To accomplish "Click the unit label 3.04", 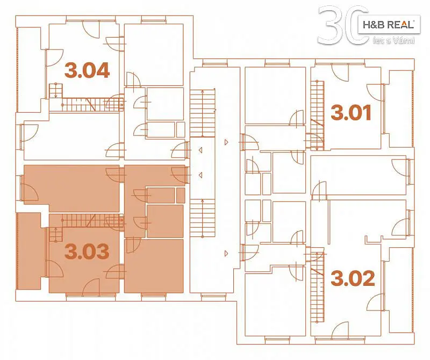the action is point(87,70).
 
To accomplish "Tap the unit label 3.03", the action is point(87,251).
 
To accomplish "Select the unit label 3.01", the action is point(352,112).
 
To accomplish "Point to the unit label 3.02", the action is point(353,278).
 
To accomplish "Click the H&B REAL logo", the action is point(389,25).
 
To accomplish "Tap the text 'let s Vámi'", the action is point(394,41).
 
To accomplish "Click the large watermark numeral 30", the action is point(343,25).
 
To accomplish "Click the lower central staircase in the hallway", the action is point(203,218).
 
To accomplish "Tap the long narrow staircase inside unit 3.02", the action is point(317,285).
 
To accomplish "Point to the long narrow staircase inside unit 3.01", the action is point(317,115).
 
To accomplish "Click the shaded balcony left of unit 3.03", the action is point(29,251).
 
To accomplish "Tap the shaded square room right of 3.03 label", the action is point(154,266).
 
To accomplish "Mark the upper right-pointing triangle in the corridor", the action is point(226,142).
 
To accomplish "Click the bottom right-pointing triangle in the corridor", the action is point(226,254).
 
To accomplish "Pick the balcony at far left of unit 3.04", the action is point(30,69).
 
